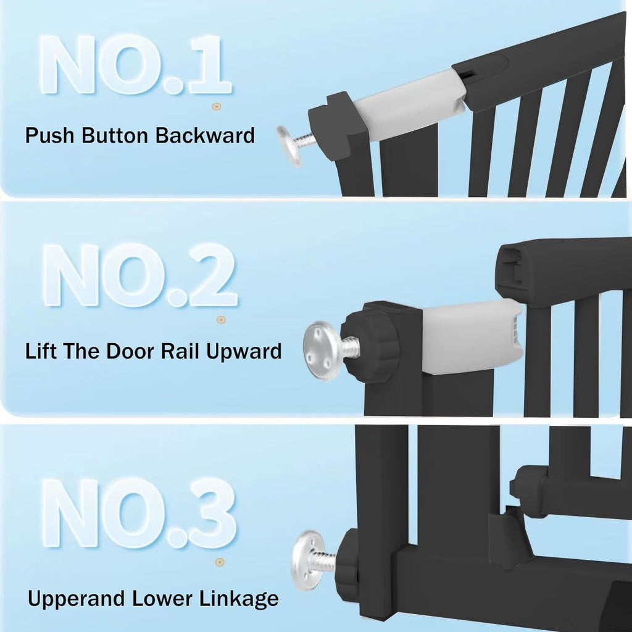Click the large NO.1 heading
[136, 65]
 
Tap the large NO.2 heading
[139, 275]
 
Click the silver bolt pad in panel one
[289, 146]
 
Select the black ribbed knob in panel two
[369, 346]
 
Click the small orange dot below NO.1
[216, 107]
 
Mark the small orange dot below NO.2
[221, 319]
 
